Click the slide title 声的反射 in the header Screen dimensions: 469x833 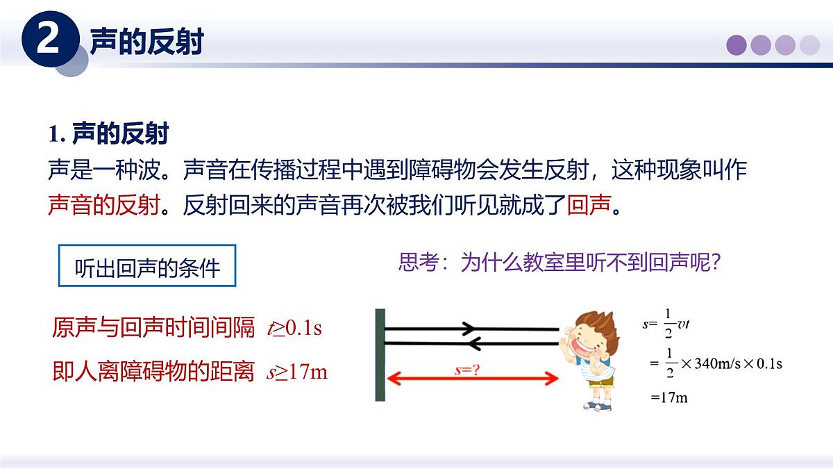click(x=146, y=42)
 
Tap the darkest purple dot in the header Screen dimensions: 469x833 click(x=737, y=45)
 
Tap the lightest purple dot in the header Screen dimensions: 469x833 click(x=809, y=45)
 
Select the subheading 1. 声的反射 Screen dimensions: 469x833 click(x=109, y=133)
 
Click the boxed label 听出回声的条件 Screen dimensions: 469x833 click(x=146, y=266)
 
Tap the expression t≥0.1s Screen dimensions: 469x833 click(x=295, y=327)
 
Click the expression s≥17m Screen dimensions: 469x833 click(x=297, y=372)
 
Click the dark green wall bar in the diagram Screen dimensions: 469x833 click(x=380, y=354)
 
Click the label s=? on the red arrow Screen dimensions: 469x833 click(x=468, y=370)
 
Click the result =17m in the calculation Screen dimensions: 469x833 click(x=669, y=398)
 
